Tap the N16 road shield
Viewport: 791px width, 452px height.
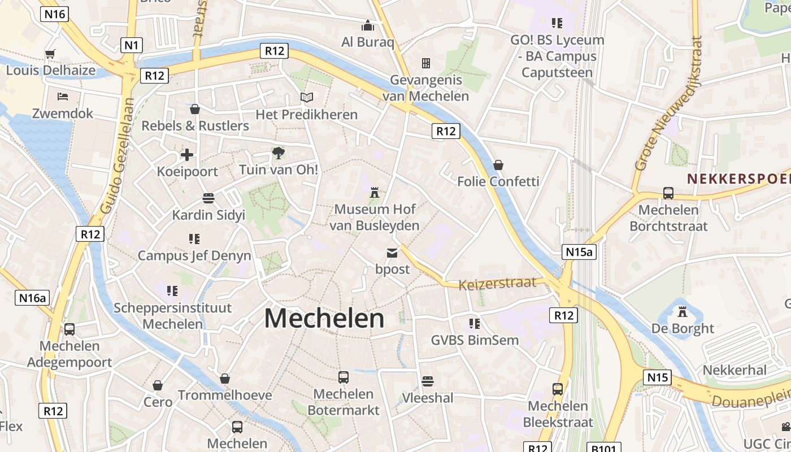(x=54, y=14)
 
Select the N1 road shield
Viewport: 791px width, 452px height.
(x=132, y=45)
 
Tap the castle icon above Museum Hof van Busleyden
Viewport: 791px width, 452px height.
(x=374, y=193)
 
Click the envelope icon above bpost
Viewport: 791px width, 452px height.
(x=392, y=253)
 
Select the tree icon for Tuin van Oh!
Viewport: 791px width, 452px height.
(x=278, y=153)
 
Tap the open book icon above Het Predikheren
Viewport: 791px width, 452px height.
(x=306, y=98)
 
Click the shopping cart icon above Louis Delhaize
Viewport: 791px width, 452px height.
(x=50, y=54)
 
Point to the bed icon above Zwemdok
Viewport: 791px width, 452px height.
(x=62, y=97)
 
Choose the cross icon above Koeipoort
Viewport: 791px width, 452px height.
(x=187, y=155)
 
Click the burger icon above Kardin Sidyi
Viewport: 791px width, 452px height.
(x=208, y=198)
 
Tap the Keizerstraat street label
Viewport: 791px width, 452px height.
(x=497, y=282)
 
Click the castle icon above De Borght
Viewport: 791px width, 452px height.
(x=683, y=311)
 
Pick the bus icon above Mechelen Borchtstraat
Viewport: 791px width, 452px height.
(x=668, y=193)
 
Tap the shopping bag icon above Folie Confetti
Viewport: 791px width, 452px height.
(x=498, y=165)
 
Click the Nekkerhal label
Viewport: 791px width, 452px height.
(x=734, y=370)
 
